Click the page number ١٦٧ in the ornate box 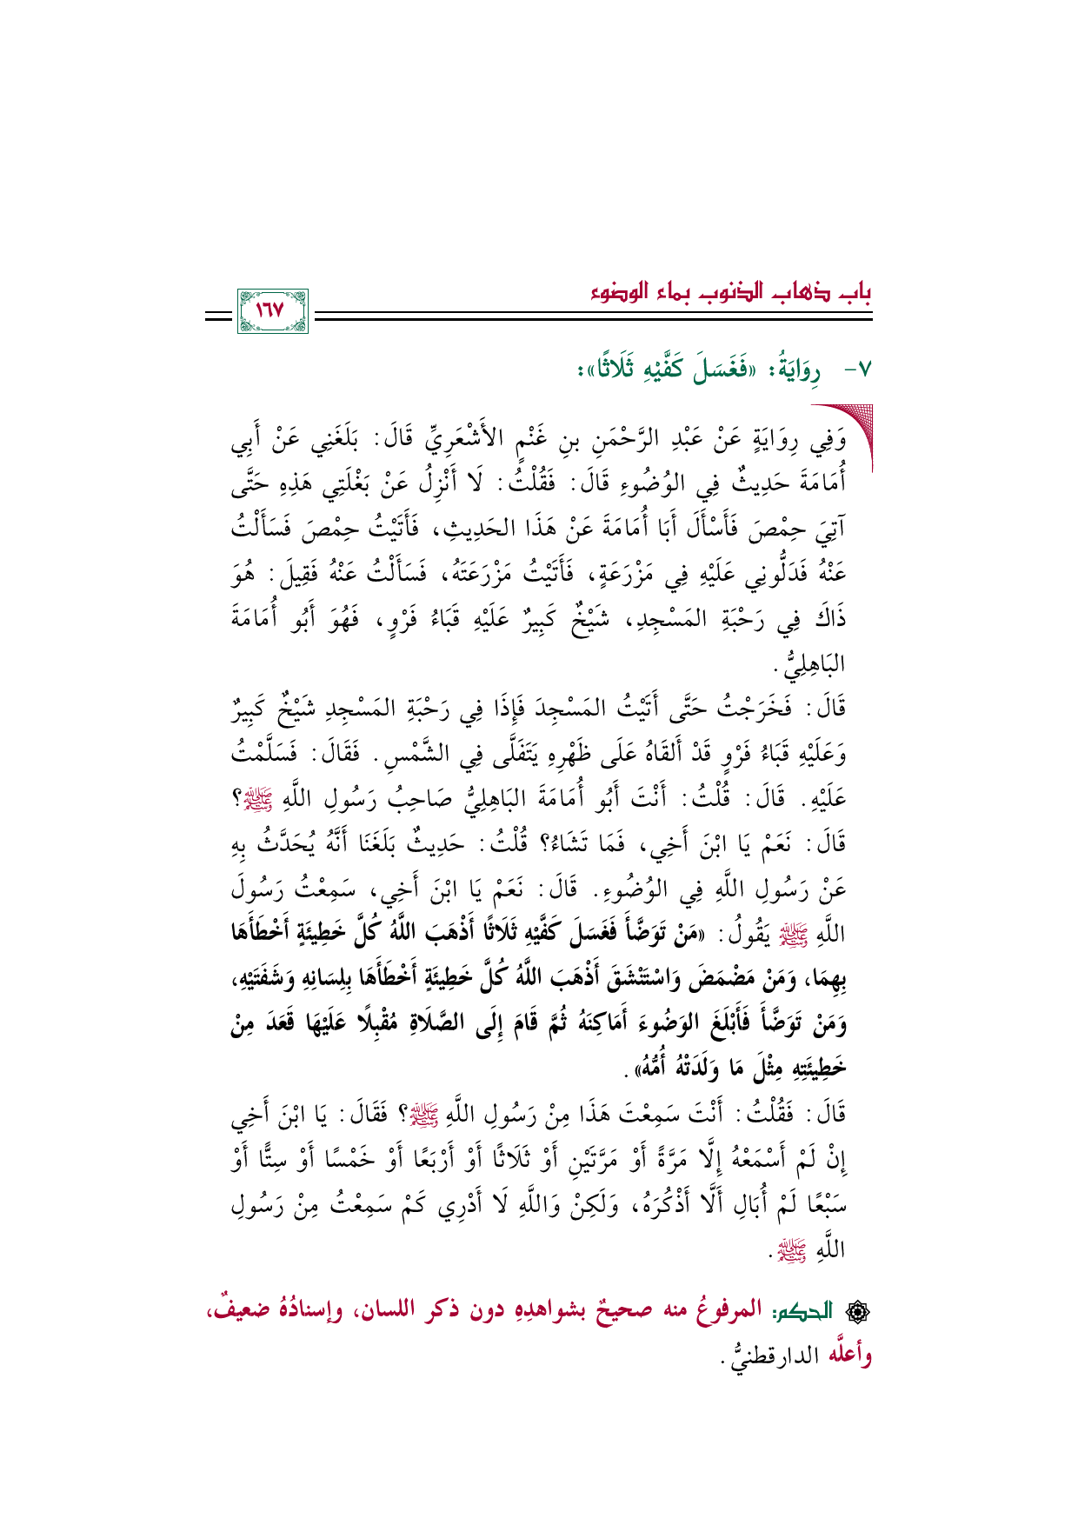coord(272,310)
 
